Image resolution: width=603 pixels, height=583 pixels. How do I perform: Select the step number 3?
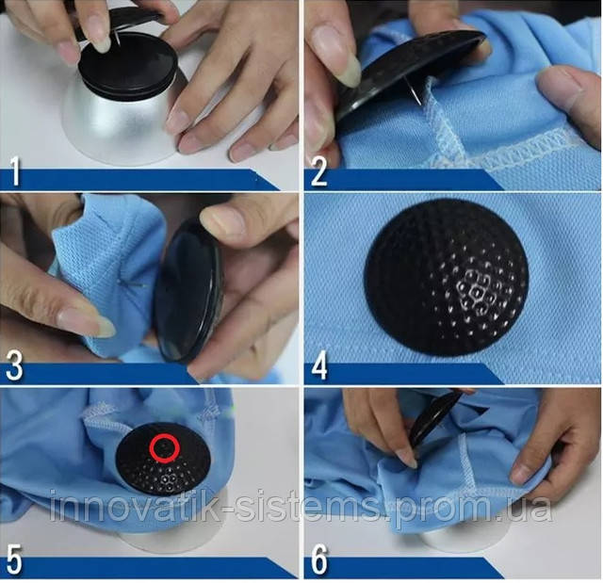pos(15,366)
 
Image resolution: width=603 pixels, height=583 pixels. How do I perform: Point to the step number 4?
pos(319,366)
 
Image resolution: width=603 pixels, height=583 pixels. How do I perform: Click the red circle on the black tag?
pos(165,447)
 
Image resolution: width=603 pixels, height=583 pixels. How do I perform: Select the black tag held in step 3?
pos(188,290)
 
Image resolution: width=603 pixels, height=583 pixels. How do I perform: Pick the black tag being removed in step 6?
pos(434,417)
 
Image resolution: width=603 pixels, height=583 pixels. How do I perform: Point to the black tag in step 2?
pos(408,73)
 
